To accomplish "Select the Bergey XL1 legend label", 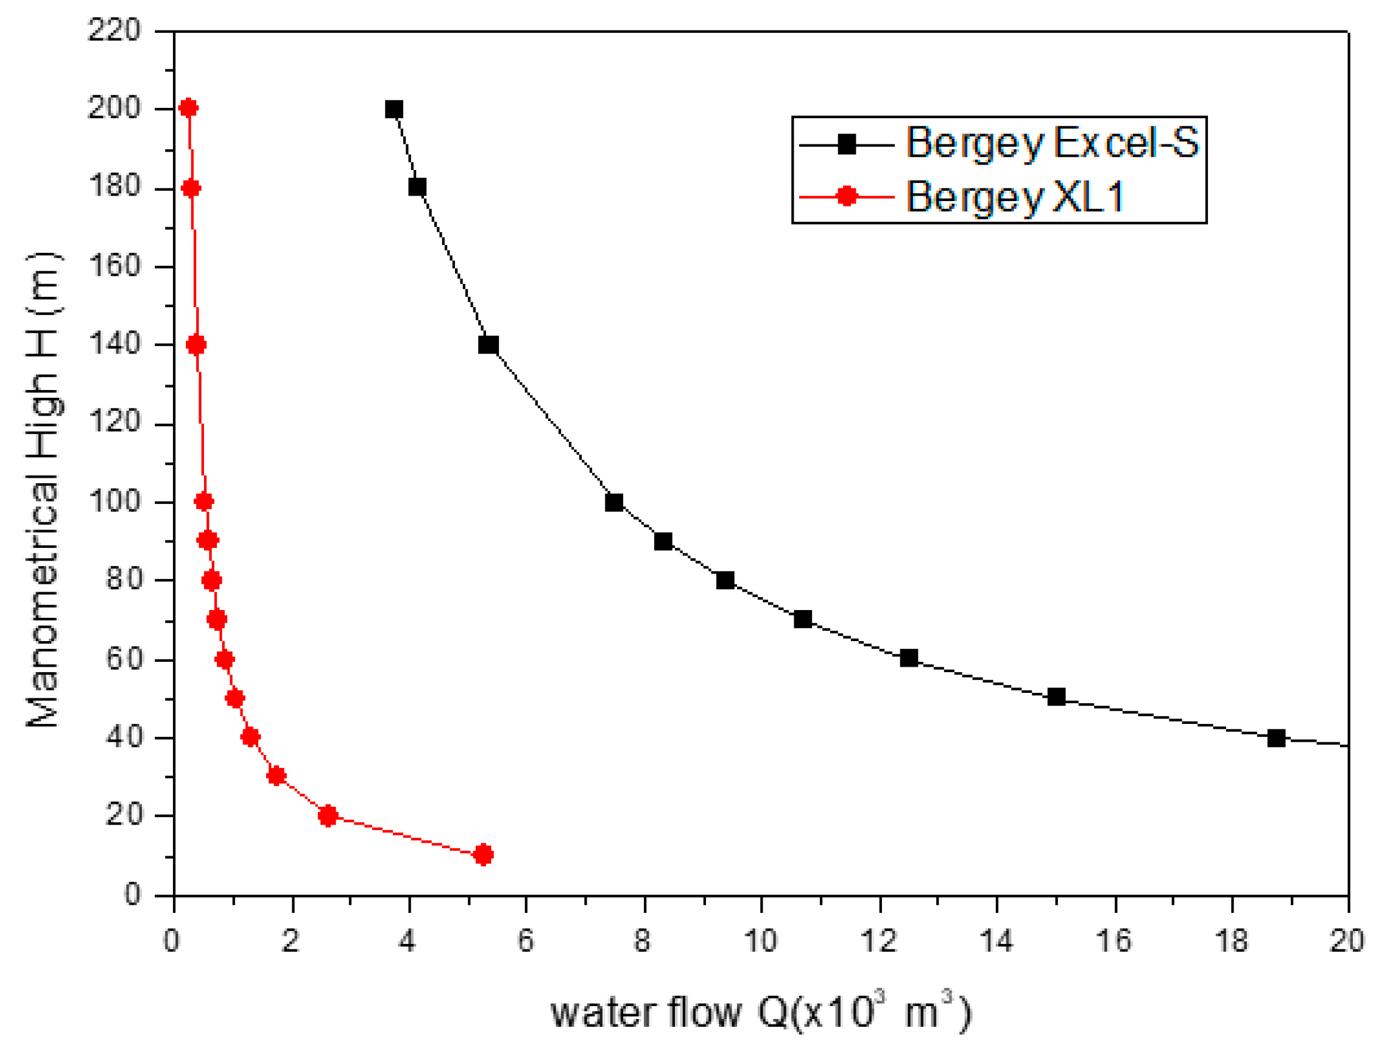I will (x=1014, y=197).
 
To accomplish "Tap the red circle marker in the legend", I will (x=846, y=196).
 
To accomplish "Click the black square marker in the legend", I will (x=846, y=145).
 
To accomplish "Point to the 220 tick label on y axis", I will (x=115, y=30).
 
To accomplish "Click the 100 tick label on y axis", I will (x=115, y=502).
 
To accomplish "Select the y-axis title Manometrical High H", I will (x=44, y=490).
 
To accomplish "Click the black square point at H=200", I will (x=393, y=109).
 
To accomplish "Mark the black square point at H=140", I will (x=489, y=345).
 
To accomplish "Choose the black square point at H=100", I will (x=614, y=503).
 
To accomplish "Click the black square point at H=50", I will (x=1056, y=697).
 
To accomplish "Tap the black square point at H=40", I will (x=1277, y=738).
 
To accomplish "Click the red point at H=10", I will (x=483, y=854).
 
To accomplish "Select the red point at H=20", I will (x=328, y=815).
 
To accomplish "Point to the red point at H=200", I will (x=189, y=108).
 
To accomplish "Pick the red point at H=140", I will (x=196, y=345).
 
